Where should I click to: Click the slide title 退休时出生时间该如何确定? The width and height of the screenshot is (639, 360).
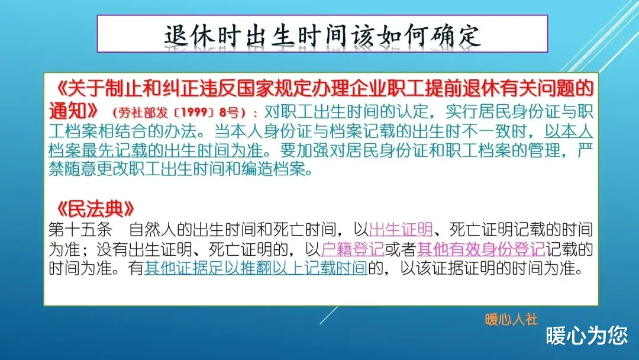[x=322, y=36]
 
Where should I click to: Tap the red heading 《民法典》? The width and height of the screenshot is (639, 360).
[x=95, y=209]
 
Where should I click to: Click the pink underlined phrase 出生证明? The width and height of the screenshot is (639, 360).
[x=401, y=230]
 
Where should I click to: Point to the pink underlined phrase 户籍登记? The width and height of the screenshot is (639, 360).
[x=353, y=249]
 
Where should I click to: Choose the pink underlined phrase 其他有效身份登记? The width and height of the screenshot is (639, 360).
[x=481, y=249]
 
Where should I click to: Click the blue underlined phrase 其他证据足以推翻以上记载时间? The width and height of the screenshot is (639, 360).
[x=256, y=268]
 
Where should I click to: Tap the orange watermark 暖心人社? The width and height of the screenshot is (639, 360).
[x=511, y=320]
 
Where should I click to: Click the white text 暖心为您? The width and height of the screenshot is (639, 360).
[x=587, y=336]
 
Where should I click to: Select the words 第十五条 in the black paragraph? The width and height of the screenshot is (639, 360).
[x=80, y=230]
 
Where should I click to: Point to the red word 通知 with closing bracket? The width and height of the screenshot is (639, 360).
[x=73, y=110]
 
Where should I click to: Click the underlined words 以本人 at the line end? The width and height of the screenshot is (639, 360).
[x=569, y=131]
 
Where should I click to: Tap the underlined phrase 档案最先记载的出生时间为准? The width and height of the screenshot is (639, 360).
[x=156, y=150]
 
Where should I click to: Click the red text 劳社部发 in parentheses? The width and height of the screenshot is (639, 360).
[x=143, y=112]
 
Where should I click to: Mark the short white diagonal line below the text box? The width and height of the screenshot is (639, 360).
[x=329, y=315]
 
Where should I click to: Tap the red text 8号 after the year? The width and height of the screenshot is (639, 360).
[x=229, y=112]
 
